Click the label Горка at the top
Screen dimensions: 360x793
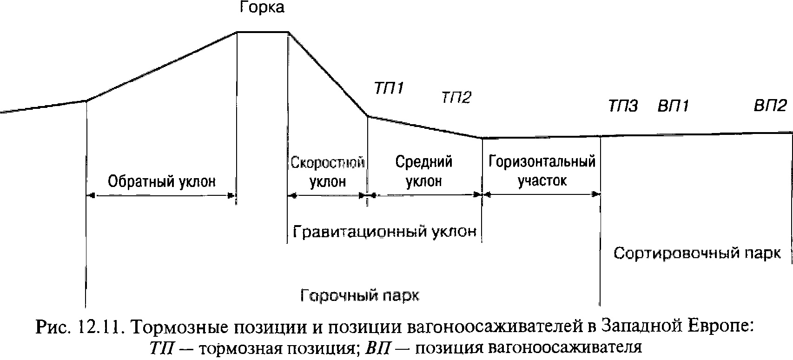(x=262, y=8)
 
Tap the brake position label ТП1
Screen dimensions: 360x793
(x=389, y=88)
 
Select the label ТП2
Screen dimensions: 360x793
(x=456, y=98)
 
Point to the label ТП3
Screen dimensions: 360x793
(x=623, y=107)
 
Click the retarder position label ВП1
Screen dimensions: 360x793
(x=673, y=107)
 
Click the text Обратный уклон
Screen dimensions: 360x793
(x=162, y=181)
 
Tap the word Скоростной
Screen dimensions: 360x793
(x=328, y=163)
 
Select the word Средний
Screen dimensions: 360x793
(x=424, y=162)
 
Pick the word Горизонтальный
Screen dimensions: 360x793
(x=542, y=162)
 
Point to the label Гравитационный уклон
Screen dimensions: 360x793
(x=385, y=231)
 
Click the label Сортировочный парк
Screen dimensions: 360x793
(x=697, y=253)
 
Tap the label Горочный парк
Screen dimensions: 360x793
(x=360, y=295)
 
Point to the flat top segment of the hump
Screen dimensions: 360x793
(x=263, y=32)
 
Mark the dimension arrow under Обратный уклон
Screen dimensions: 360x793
(x=161, y=196)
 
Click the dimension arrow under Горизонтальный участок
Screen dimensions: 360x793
(x=542, y=194)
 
